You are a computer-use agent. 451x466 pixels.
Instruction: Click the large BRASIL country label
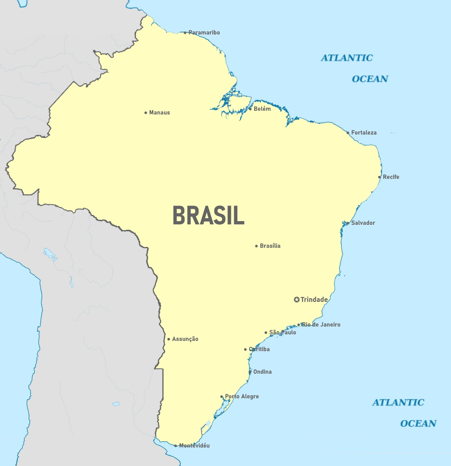click(x=208, y=215)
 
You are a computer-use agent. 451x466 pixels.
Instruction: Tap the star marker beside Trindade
click(x=297, y=300)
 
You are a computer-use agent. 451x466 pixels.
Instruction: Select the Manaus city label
click(x=159, y=112)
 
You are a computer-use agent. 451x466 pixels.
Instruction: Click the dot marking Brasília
click(x=257, y=246)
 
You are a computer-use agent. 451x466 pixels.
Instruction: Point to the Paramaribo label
click(x=204, y=32)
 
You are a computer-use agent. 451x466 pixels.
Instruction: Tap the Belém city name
click(x=262, y=109)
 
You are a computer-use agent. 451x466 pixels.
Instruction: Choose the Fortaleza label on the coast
click(x=364, y=132)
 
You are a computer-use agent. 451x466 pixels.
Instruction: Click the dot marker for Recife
click(x=380, y=177)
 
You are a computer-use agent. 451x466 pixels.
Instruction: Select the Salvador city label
click(x=363, y=223)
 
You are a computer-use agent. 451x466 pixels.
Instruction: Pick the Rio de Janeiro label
click(x=321, y=324)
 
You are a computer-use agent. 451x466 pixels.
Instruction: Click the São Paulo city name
click(x=282, y=332)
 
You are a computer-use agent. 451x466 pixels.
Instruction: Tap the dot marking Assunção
click(x=169, y=339)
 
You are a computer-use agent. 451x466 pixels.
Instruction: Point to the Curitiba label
click(x=260, y=349)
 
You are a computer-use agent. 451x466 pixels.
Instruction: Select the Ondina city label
click(x=262, y=372)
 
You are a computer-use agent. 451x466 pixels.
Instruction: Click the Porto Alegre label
click(x=242, y=396)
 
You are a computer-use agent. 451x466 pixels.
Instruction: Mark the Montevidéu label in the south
click(x=194, y=445)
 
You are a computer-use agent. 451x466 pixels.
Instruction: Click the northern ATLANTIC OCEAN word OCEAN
click(x=370, y=79)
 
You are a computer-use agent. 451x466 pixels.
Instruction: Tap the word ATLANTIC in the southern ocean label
click(x=398, y=402)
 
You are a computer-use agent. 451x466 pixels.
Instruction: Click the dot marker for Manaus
click(x=146, y=113)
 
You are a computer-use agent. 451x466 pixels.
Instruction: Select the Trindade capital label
click(x=314, y=299)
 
